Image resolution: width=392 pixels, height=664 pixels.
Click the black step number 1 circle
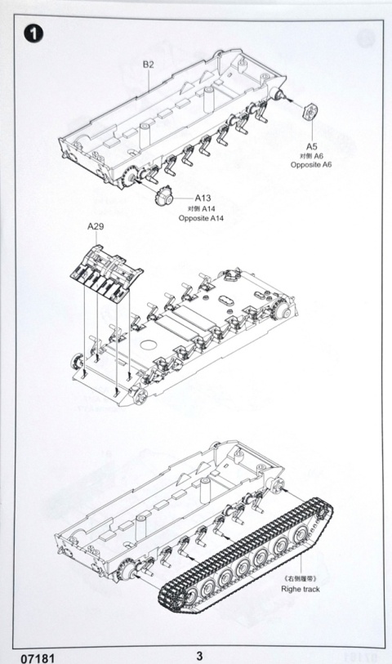click(x=33, y=33)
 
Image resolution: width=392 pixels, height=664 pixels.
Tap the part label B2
click(x=148, y=65)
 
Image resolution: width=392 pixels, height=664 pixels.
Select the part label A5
click(x=312, y=146)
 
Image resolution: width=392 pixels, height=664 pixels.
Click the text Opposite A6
click(x=311, y=165)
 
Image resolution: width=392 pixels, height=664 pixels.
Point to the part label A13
click(x=203, y=198)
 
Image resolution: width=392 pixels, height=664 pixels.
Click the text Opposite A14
click(x=201, y=218)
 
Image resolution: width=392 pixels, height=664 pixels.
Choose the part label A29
click(x=96, y=226)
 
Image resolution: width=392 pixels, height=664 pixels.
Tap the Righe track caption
click(x=301, y=589)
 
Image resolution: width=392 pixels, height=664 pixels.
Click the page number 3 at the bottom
click(x=199, y=656)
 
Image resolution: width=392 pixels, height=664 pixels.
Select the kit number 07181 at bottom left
click(x=38, y=658)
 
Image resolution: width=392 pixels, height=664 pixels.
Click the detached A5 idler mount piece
click(x=310, y=111)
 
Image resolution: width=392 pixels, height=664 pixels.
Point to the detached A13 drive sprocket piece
click(x=164, y=196)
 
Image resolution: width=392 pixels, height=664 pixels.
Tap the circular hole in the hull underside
click(x=147, y=345)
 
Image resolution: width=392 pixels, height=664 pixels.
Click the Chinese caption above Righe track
click(x=301, y=579)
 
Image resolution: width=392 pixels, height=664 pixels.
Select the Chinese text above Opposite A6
click(x=312, y=156)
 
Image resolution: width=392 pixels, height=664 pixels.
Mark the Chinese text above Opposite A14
click(x=202, y=209)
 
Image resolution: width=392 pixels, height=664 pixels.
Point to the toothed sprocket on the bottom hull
click(x=126, y=568)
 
